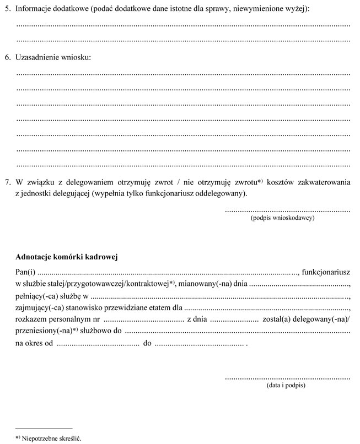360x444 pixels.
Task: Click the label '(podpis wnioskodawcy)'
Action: click(x=282, y=219)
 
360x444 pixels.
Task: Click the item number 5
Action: click(x=8, y=9)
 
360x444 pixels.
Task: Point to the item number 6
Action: click(x=8, y=58)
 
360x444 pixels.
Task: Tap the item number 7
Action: click(x=8, y=182)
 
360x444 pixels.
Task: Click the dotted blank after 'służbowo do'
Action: click(x=238, y=333)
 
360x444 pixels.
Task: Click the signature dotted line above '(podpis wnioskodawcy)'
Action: click(x=287, y=210)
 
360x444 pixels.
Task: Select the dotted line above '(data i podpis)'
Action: click(x=287, y=378)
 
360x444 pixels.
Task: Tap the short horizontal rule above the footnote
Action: click(x=44, y=428)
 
